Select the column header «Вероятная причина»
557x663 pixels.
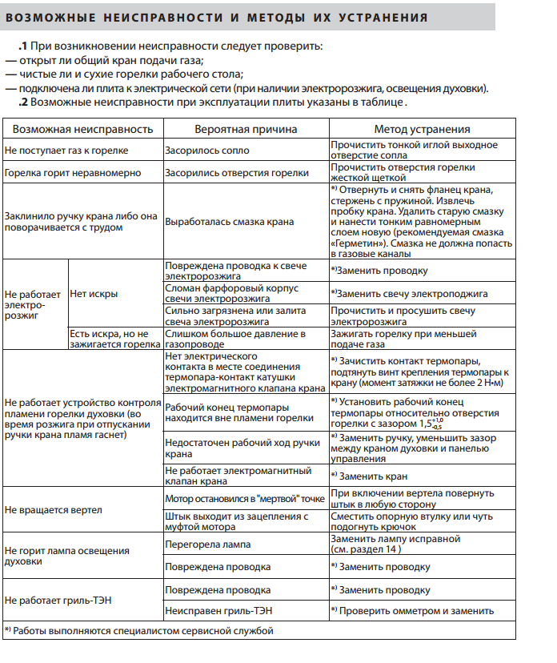(246, 129)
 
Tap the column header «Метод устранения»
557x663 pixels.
(422, 129)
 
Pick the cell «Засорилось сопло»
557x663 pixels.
(206, 151)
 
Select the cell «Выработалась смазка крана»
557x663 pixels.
(229, 222)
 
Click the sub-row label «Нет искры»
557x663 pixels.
(94, 294)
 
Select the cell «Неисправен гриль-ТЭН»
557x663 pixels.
(218, 611)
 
